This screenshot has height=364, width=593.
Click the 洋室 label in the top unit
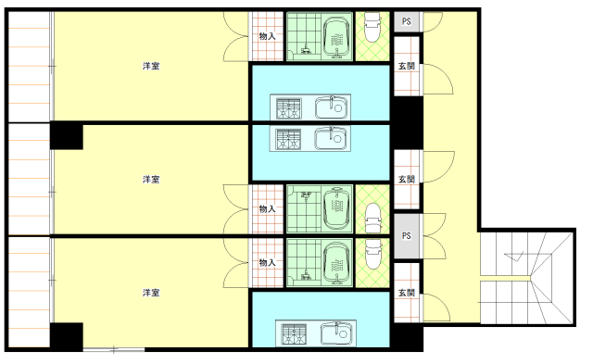(x=151, y=66)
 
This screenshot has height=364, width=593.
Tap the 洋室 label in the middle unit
(x=151, y=179)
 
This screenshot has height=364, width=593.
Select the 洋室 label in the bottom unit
(x=151, y=293)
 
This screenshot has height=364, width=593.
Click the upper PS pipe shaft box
(x=407, y=21)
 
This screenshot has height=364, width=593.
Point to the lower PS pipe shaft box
(x=407, y=236)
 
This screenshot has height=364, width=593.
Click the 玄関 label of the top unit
(x=407, y=66)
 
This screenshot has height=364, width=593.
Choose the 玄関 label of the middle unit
(x=407, y=179)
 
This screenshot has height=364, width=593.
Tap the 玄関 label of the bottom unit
(x=407, y=293)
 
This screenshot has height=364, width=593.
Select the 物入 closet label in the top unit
(x=267, y=36)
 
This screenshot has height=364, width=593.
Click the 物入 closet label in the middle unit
(x=267, y=208)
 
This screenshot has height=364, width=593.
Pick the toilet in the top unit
(x=372, y=27)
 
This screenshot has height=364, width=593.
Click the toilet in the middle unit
(x=372, y=219)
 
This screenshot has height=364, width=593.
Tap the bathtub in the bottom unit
(x=336, y=263)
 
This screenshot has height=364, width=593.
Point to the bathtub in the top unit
(x=336, y=38)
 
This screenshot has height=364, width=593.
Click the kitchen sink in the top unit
(x=332, y=107)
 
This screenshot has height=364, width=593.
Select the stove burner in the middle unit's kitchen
(x=288, y=140)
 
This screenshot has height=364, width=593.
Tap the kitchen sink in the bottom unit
(x=336, y=333)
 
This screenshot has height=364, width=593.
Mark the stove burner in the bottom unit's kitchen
(x=295, y=334)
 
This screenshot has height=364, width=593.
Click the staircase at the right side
(x=527, y=278)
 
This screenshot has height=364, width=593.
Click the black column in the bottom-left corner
(x=67, y=336)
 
